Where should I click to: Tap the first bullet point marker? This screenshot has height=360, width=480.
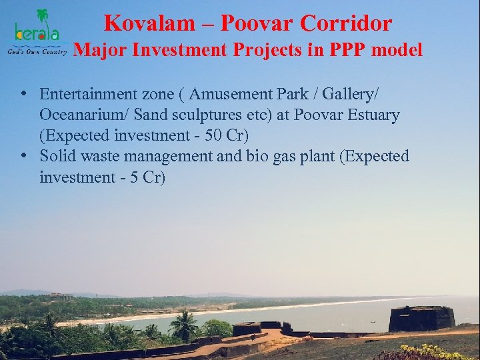coord(23,93)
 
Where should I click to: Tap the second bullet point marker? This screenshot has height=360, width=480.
coord(23,156)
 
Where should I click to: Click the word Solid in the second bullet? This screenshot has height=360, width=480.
coord(57,156)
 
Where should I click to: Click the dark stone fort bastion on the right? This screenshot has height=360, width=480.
coord(422,319)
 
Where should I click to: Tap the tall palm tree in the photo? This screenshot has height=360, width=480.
coord(182,326)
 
